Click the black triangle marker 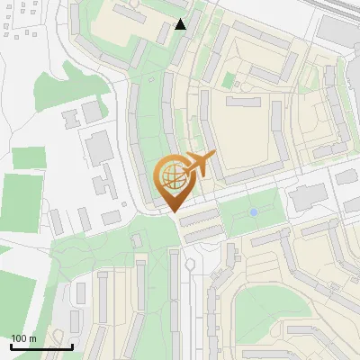click(x=181, y=24)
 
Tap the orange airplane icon click(x=200, y=166)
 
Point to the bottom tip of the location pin click(x=174, y=211)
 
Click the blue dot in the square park click(x=254, y=211)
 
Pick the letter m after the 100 click(x=32, y=338)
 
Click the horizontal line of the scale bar click(x=41, y=346)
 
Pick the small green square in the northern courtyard click(x=229, y=80)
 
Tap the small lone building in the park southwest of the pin click(x=137, y=241)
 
